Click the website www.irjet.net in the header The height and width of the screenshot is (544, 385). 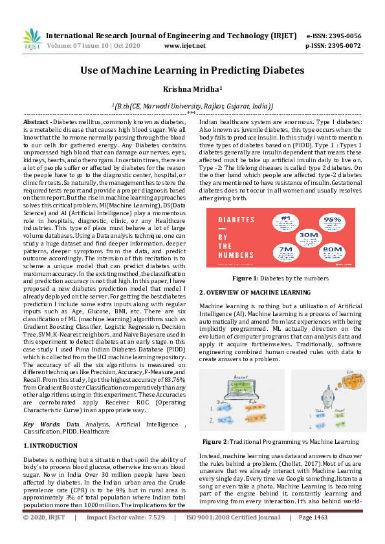(x=185, y=46)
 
